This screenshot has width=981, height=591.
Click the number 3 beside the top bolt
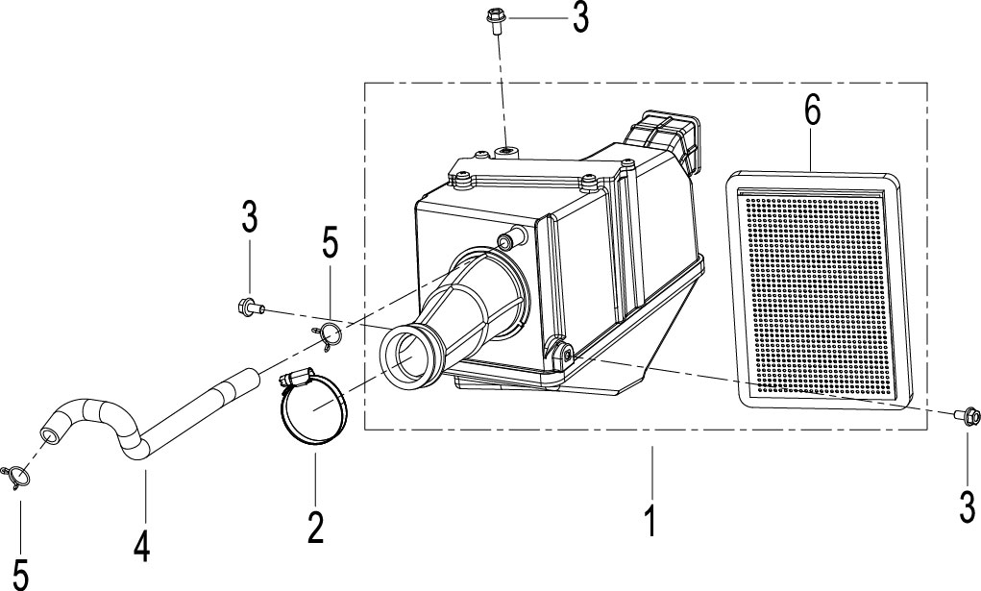click(580, 19)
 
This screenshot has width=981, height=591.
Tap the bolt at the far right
click(968, 416)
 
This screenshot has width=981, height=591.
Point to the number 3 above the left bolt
click(250, 217)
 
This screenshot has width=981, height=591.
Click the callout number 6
click(812, 111)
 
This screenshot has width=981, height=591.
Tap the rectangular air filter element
click(819, 288)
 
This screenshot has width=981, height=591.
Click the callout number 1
click(650, 522)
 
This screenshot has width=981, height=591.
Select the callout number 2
click(316, 528)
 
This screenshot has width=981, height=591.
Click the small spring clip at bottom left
click(17, 478)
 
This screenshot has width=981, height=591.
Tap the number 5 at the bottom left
click(20, 573)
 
